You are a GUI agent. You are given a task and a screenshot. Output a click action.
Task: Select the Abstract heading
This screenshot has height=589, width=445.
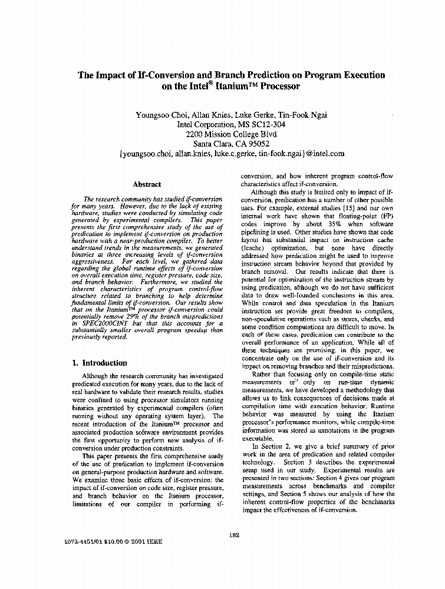point(147,184)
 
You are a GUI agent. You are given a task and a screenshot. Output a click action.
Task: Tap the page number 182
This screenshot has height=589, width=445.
point(233,535)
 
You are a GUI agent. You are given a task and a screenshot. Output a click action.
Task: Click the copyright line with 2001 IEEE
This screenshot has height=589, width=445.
point(112,541)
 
